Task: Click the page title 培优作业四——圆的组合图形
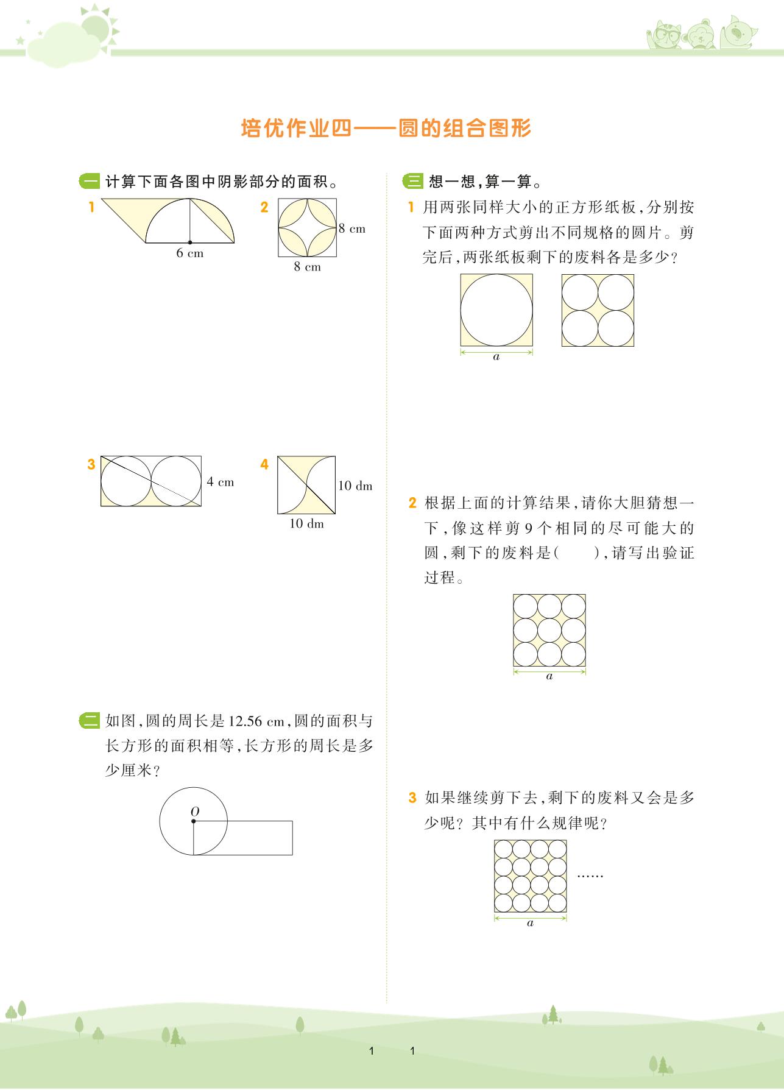(x=386, y=129)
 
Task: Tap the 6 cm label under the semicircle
(x=189, y=253)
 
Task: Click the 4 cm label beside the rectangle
(x=220, y=482)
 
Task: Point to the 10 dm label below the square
(x=306, y=524)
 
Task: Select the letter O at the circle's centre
(x=195, y=812)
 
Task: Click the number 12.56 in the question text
(x=246, y=722)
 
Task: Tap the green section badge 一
(x=90, y=182)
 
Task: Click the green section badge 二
(x=90, y=721)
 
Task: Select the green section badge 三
(x=413, y=182)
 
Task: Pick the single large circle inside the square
(x=496, y=310)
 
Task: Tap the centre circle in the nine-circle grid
(x=549, y=631)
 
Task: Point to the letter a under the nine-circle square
(x=549, y=676)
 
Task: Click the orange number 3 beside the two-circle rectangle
(x=91, y=464)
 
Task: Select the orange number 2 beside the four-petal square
(x=264, y=208)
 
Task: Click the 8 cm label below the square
(x=307, y=267)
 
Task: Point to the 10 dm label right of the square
(x=355, y=486)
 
